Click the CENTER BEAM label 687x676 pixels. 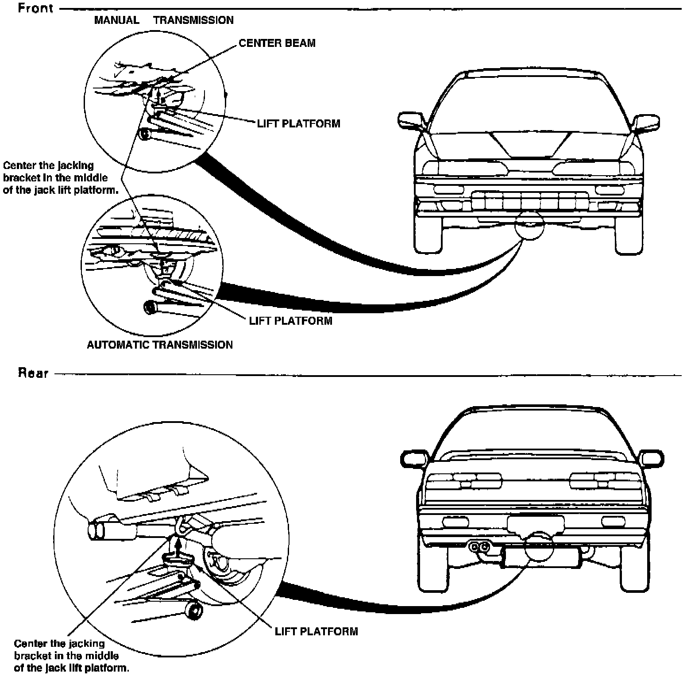[x=277, y=43]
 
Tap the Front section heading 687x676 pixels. [x=35, y=8]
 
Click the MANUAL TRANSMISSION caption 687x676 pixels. [x=164, y=20]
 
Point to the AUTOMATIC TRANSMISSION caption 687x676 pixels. [x=159, y=345]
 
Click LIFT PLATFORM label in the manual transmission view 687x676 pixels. [x=299, y=123]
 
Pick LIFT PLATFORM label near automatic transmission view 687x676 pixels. [x=290, y=320]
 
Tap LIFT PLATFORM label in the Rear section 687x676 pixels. [x=316, y=631]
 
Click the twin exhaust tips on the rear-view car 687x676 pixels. [x=479, y=547]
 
